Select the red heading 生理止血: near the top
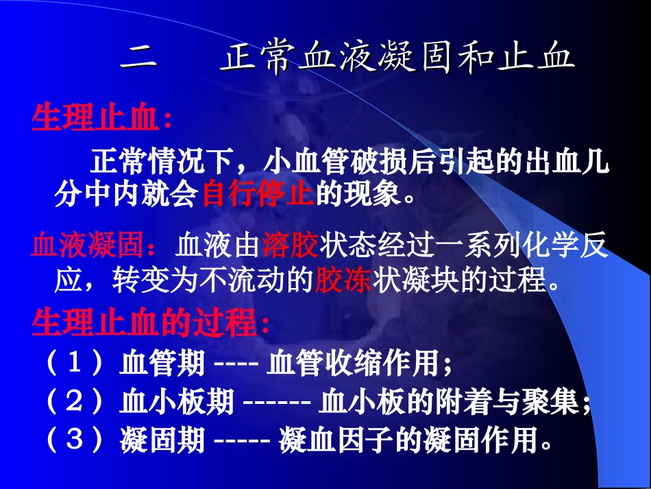[101, 119]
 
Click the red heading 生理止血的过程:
[151, 322]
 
